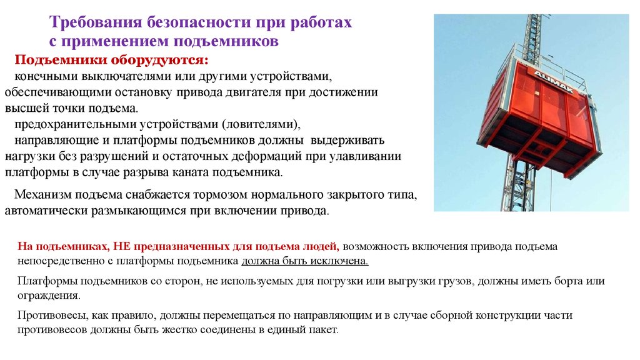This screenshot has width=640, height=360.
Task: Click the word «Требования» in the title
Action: pyautogui.click(x=96, y=22)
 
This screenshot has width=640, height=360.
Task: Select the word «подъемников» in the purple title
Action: pyautogui.click(x=226, y=41)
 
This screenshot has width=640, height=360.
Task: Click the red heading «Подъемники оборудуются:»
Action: pyautogui.click(x=111, y=60)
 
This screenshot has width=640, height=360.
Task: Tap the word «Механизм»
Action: pyautogui.click(x=43, y=195)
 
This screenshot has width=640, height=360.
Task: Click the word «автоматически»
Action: pyautogui.click(x=46, y=211)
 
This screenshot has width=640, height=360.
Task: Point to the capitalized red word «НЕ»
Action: pyautogui.click(x=122, y=246)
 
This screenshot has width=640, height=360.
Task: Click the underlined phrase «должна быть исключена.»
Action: pyautogui.click(x=305, y=261)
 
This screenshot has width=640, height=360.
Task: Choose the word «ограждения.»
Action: pyautogui.click(x=49, y=296)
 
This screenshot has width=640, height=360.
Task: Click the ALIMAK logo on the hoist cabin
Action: pyautogui.click(x=554, y=82)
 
